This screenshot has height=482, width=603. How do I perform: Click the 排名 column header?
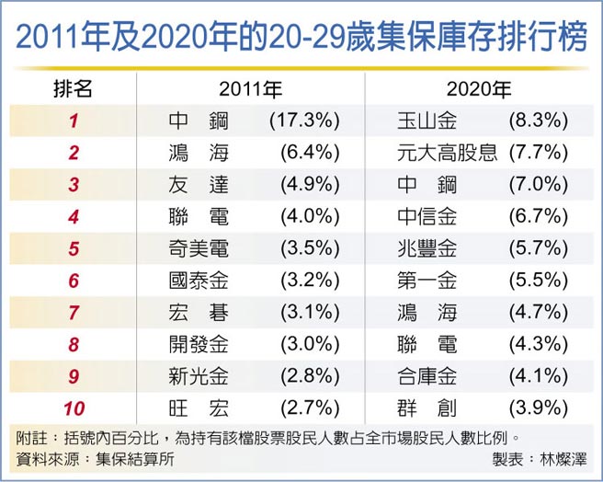73,89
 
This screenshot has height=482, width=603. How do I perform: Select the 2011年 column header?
250,89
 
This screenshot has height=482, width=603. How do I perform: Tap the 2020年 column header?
478,89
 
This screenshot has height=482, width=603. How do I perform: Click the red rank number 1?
74,121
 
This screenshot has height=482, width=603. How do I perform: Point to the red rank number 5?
74,249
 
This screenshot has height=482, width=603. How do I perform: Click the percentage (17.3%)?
304,121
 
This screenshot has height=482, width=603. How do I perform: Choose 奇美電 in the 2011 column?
199,249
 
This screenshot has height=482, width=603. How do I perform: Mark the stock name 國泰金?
199,281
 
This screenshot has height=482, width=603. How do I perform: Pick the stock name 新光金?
199,377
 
